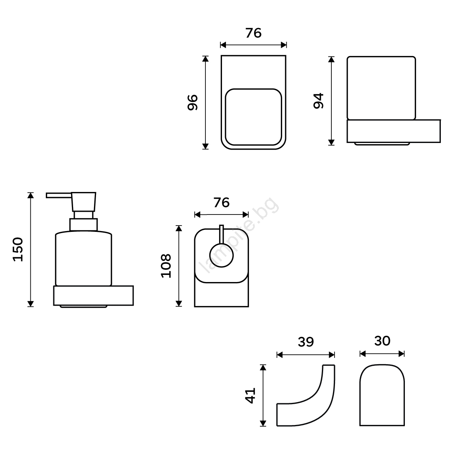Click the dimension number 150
coord(18,249)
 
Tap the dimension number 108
coord(166,266)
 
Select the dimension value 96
coord(193,102)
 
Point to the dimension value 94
coord(318,101)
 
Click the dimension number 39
coord(306,342)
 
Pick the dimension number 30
coord(382,341)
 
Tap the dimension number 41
coord(250,395)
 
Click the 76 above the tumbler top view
coord(253,33)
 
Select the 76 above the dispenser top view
coord(221,203)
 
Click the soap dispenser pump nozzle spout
coord(58,195)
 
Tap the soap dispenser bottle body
coord(84,258)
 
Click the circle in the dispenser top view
coord(221,255)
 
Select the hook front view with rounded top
coord(382,395)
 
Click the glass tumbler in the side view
coord(381,88)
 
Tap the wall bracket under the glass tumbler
coord(393,131)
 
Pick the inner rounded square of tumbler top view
coord(253,117)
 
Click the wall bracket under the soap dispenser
coord(94,295)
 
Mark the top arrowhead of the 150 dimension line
coord(30,195)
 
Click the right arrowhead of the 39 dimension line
coord(331,355)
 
